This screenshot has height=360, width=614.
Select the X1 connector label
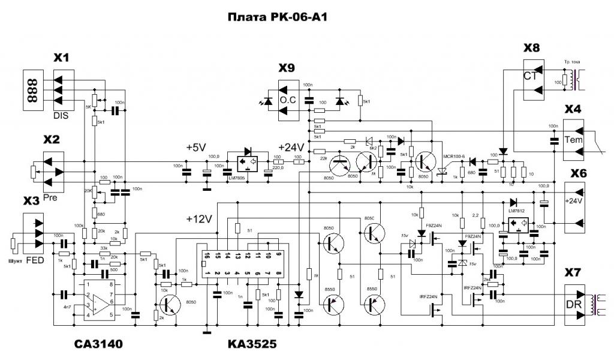(x=62, y=58)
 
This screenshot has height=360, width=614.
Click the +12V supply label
(x=199, y=219)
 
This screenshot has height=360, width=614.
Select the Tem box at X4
(x=574, y=140)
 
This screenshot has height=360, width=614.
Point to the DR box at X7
(x=574, y=305)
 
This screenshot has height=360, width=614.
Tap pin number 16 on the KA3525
(x=207, y=256)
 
